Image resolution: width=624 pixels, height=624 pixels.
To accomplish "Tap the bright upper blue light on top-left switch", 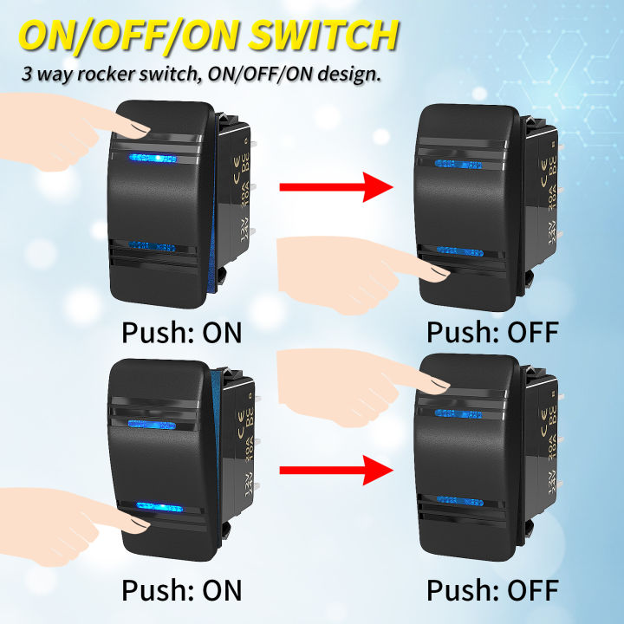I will (152, 159).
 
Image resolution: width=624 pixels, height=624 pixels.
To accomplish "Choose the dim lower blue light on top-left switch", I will (151, 247).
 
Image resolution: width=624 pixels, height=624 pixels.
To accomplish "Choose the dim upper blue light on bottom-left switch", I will (152, 423).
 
